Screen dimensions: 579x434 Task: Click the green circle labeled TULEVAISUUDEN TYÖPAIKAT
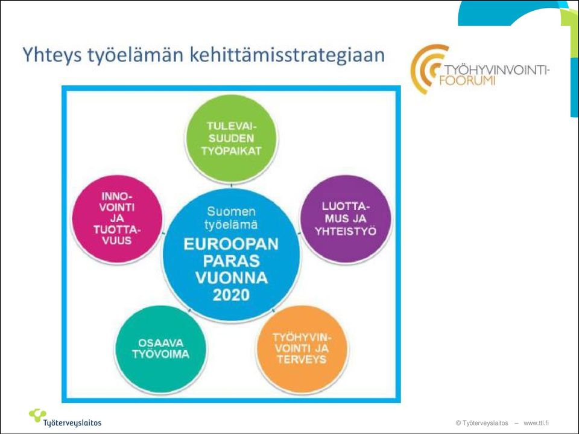[231, 138]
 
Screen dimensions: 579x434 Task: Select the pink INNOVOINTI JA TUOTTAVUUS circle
[116, 219]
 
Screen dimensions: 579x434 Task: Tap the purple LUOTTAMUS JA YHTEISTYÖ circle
[345, 219]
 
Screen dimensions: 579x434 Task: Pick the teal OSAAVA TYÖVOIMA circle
[160, 349]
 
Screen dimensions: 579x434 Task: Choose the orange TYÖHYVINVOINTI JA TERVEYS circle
[302, 349]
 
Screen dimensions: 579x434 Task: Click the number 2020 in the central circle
[231, 295]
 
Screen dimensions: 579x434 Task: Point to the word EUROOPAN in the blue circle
[231, 244]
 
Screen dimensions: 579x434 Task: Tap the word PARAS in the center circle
[231, 261]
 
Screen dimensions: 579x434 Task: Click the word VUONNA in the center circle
[231, 278]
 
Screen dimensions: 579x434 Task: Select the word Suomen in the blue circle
[231, 211]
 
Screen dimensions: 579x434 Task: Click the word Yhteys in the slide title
[52, 55]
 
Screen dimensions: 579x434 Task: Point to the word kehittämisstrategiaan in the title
[287, 54]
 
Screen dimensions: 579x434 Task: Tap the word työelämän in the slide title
[136, 55]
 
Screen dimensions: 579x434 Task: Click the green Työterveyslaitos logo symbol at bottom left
[37, 415]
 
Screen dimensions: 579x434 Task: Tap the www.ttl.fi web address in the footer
[536, 423]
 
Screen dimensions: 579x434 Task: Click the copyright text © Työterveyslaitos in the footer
[482, 423]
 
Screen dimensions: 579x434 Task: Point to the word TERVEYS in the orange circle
[302, 359]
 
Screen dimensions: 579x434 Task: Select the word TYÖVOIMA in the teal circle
[160, 354]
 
